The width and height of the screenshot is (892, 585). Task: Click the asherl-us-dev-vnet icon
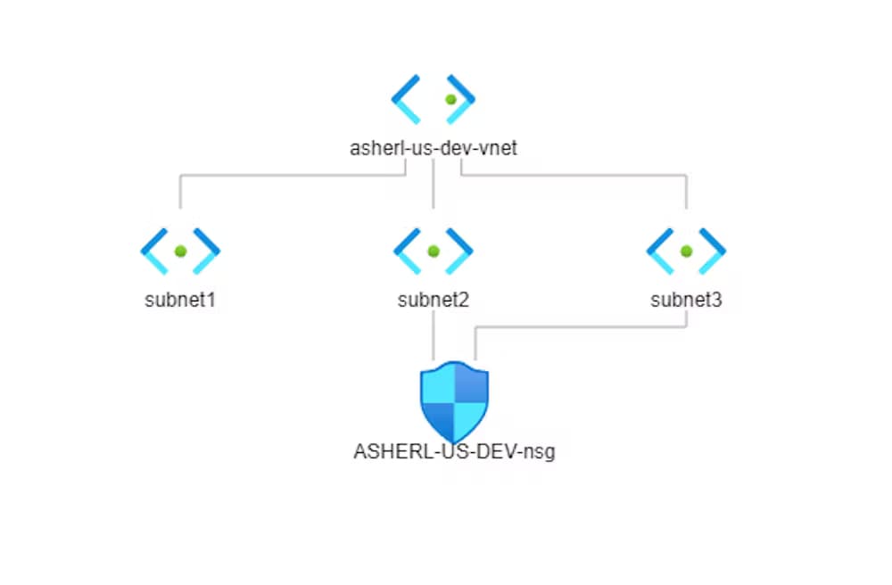click(433, 99)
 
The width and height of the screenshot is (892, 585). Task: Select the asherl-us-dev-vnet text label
click(433, 149)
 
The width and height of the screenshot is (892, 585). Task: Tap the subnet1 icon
click(180, 251)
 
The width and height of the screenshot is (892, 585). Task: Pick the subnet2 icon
click(433, 251)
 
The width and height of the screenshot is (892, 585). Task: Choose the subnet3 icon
click(686, 251)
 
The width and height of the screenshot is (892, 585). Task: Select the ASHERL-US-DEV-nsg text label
click(454, 451)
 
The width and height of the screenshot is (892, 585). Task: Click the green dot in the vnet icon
click(450, 99)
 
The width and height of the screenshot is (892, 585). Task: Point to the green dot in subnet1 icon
click(180, 251)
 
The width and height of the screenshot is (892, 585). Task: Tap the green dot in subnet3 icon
click(686, 251)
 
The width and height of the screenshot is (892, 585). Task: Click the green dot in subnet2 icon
click(433, 251)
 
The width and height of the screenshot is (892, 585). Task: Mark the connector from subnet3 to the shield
click(580, 327)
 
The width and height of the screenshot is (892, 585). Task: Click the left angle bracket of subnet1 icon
click(153, 251)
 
